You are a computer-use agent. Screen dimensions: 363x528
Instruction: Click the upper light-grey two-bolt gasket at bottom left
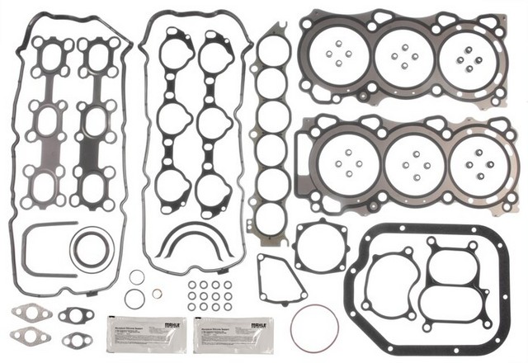(x=32, y=313)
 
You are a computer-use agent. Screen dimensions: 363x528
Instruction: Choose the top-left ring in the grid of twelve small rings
(x=191, y=285)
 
